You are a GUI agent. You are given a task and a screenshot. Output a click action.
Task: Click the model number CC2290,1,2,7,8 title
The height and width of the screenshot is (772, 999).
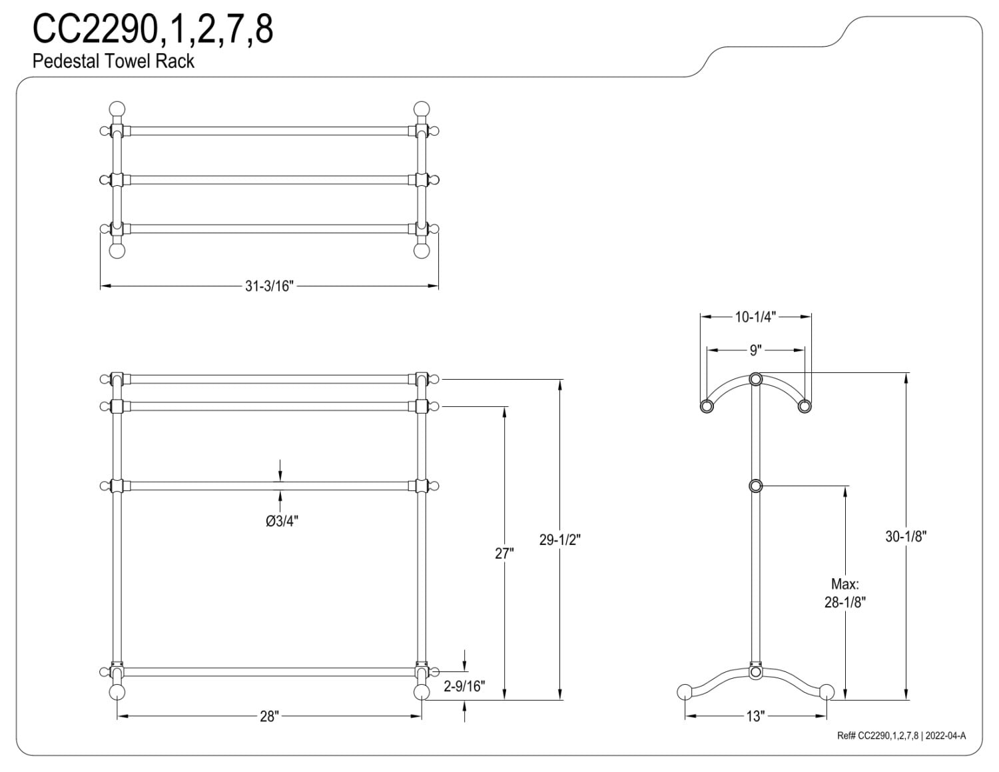point(153,29)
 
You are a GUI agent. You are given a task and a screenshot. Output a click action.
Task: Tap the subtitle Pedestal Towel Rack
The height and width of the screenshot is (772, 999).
point(113,61)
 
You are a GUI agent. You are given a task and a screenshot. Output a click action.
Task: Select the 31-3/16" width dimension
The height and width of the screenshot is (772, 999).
point(269,286)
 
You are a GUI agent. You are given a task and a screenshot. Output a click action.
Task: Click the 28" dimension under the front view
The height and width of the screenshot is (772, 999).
point(269,716)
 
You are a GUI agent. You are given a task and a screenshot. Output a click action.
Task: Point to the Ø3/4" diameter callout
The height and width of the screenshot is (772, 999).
point(282,521)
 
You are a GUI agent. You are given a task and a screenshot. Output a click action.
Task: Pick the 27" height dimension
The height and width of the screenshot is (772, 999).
point(504,553)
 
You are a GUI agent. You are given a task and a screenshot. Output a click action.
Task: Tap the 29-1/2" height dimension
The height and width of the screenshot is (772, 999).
point(559,540)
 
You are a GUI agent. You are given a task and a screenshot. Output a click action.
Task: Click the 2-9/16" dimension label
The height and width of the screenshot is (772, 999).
point(464,686)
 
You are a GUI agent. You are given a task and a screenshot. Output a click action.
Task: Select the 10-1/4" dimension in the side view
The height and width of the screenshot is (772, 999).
point(755,317)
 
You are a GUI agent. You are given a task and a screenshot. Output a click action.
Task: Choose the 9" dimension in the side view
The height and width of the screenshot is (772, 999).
point(755,350)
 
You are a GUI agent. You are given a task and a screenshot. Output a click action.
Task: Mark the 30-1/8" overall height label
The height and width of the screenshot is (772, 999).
point(906,536)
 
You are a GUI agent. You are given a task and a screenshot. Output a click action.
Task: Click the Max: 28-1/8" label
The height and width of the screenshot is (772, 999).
point(845,593)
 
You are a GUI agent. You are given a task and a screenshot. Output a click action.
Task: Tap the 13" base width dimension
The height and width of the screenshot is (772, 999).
point(755,716)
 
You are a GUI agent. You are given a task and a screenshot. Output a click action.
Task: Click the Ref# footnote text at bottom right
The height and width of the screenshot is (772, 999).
point(901,735)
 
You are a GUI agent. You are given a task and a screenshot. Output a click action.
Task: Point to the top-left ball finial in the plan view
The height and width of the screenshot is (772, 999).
point(117,109)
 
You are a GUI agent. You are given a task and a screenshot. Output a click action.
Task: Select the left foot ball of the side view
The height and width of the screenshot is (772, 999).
point(685,691)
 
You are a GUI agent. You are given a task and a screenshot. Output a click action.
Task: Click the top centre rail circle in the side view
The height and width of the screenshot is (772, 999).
point(756,379)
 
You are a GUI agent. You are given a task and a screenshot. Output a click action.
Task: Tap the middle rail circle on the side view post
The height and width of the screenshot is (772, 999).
point(756,486)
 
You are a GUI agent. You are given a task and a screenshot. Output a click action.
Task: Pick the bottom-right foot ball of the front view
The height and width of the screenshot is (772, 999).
point(422,692)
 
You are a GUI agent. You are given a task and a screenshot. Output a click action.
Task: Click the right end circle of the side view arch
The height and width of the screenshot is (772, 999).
point(804,406)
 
